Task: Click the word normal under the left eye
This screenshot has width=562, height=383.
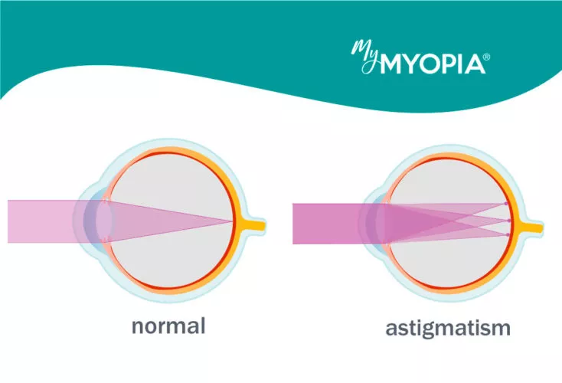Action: click(168, 326)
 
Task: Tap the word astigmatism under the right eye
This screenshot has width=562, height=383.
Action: click(448, 329)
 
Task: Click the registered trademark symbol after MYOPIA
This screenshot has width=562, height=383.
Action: click(486, 57)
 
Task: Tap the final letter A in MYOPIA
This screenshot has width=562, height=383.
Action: click(475, 64)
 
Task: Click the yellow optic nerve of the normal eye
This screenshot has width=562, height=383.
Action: click(253, 225)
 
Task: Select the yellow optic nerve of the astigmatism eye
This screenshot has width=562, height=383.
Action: click(531, 228)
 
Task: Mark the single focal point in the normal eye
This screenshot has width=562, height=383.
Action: click(232, 221)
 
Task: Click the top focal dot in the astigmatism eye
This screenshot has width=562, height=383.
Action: click(506, 204)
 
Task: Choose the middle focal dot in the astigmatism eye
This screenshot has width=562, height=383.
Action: click(509, 221)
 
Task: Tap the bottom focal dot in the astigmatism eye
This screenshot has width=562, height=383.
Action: click(507, 234)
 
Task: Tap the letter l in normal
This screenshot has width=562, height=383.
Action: click(203, 326)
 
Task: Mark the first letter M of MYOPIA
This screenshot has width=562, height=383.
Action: click(390, 64)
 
